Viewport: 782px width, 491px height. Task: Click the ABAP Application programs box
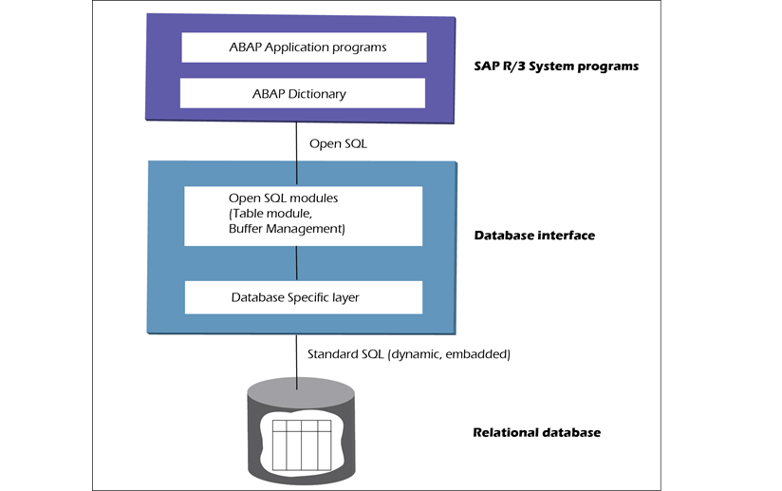click(x=303, y=46)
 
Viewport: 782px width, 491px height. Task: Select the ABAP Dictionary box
click(x=303, y=93)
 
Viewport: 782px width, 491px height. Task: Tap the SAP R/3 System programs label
click(x=556, y=66)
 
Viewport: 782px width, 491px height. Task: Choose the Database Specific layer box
click(x=303, y=297)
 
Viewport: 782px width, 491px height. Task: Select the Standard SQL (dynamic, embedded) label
click(x=409, y=354)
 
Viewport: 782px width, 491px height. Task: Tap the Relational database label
click(x=536, y=433)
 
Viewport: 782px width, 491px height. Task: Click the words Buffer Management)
click(x=286, y=229)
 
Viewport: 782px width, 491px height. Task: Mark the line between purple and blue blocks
click(x=298, y=142)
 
